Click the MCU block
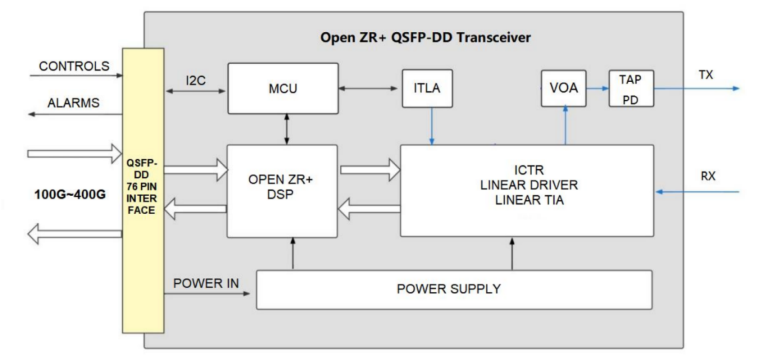283,88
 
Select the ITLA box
427,88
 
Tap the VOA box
564,88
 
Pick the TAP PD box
631,89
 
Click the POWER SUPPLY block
453,289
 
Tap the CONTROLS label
74,67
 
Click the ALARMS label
73,103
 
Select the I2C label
196,81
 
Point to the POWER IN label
206,283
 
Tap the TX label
705,75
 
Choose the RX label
707,177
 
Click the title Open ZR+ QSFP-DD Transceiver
425,37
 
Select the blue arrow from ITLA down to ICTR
432,127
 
